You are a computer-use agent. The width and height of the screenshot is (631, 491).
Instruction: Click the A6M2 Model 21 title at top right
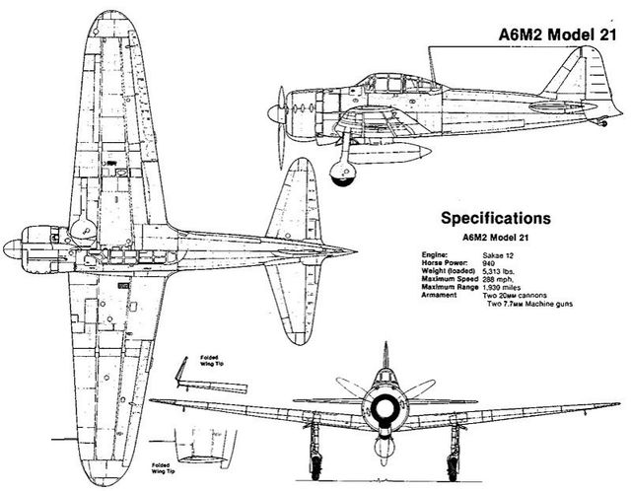557,35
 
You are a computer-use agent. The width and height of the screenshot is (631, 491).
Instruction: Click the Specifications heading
496,218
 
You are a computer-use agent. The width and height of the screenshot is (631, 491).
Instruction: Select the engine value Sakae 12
498,255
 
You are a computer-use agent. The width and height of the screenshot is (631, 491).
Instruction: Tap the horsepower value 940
489,263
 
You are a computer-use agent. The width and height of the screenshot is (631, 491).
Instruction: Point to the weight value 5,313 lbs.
498,271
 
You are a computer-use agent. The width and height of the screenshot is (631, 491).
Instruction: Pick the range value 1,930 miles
502,287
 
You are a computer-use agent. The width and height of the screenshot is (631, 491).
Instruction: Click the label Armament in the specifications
439,295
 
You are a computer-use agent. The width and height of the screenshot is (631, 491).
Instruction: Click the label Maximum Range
450,287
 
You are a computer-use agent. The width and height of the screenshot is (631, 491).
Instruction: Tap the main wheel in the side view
342,174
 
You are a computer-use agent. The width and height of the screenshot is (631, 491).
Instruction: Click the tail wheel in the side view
602,122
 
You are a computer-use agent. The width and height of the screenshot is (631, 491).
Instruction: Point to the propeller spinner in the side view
275,114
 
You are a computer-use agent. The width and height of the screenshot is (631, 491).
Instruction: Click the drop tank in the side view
389,151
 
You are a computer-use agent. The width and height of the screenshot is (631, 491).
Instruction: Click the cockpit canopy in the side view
402,84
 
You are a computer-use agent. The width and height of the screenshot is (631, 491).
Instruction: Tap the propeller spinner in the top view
12,249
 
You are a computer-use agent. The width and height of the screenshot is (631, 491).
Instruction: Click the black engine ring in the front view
386,409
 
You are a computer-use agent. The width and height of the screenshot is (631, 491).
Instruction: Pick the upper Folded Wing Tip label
211,360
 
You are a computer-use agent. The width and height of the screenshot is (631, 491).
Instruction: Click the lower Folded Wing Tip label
163,468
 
